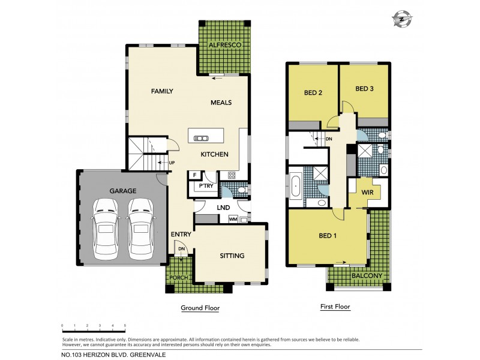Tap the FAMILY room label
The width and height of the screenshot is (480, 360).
pyautogui.click(x=162, y=91)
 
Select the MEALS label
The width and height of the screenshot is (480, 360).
pyautogui.click(x=221, y=103)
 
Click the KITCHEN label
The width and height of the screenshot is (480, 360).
pyautogui.click(x=214, y=154)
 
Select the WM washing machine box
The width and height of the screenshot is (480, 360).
pyautogui.click(x=233, y=220)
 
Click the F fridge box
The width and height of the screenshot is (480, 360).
pyautogui.click(x=194, y=175)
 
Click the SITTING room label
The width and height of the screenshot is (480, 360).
pyautogui.click(x=232, y=256)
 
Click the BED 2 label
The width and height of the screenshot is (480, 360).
pyautogui.click(x=314, y=92)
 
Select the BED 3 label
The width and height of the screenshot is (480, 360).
pyautogui.click(x=364, y=89)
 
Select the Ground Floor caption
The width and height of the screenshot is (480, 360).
pyautogui.click(x=200, y=308)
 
